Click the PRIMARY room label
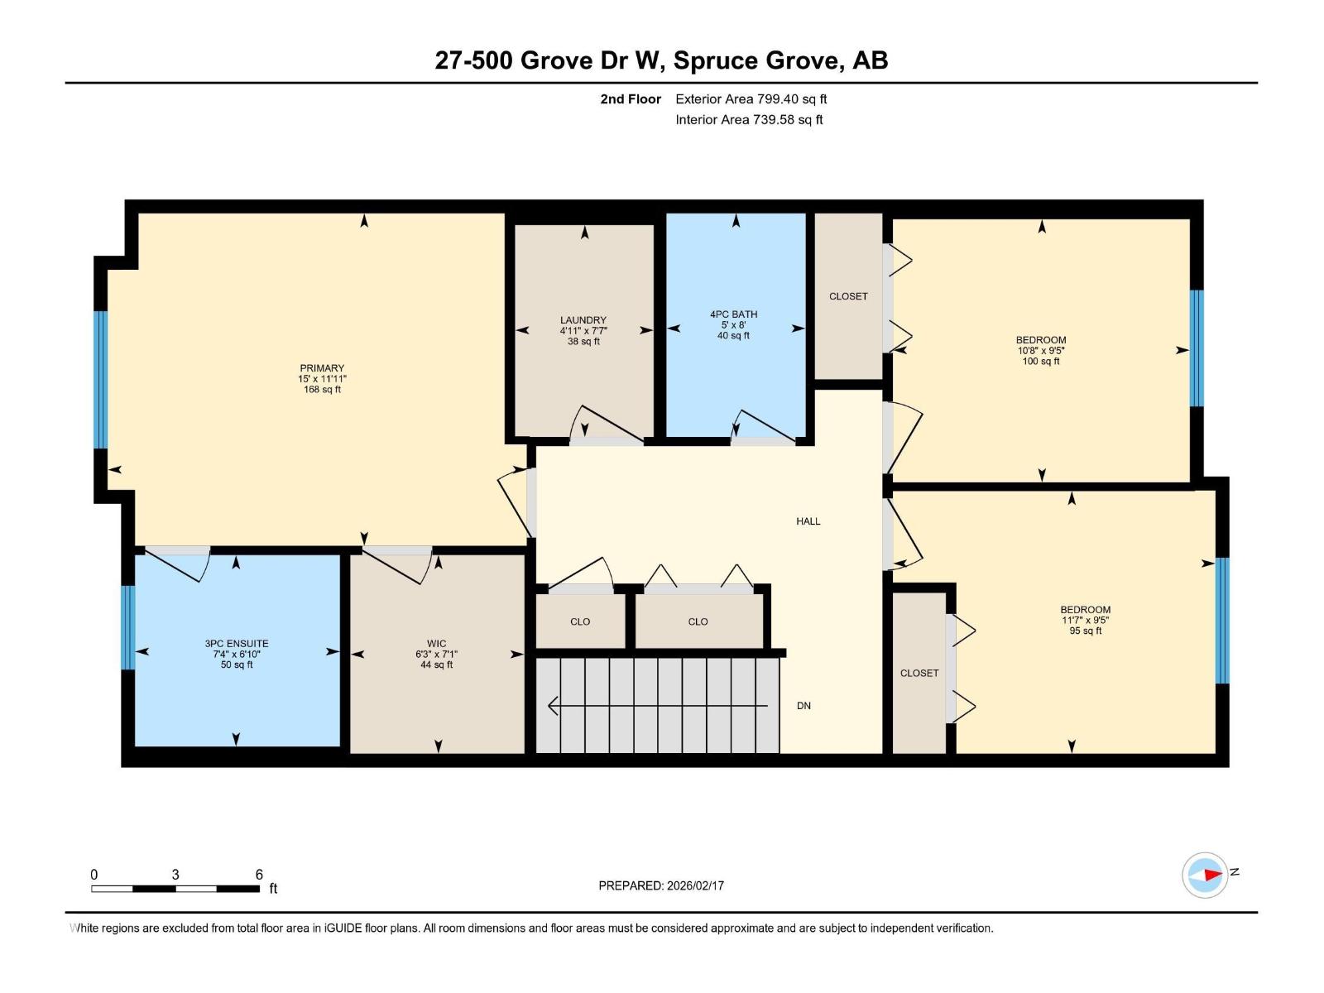[x=322, y=368]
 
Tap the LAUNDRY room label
[x=583, y=320]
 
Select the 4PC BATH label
[x=733, y=314]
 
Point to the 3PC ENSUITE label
[x=237, y=644]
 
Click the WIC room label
[x=437, y=644]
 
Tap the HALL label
[x=808, y=521]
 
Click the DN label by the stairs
[x=804, y=706]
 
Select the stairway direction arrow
[x=658, y=706]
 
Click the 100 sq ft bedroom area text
[x=1041, y=362]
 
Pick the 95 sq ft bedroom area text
[x=1085, y=631]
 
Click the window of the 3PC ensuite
[x=127, y=627]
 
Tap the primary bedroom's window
[x=100, y=379]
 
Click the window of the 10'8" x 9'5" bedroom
[x=1197, y=348]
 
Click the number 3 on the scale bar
[x=175, y=875]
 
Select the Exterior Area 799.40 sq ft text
[x=751, y=99]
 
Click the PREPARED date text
[x=661, y=885]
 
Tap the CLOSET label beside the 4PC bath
[x=848, y=296]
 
